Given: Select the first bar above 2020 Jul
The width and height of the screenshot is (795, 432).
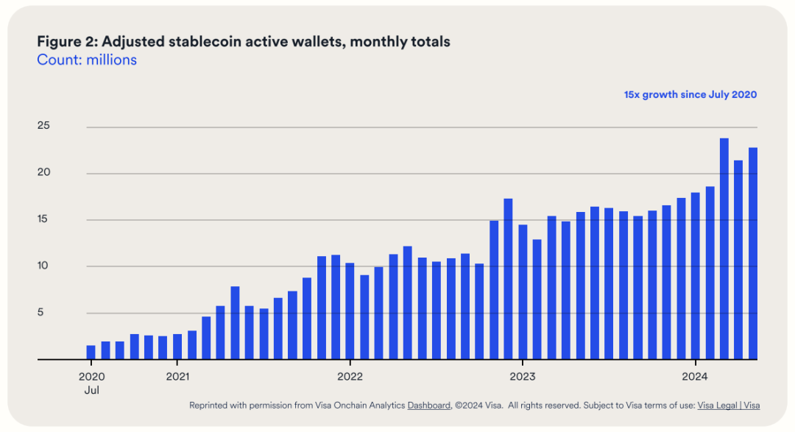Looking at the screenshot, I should pos(91,353).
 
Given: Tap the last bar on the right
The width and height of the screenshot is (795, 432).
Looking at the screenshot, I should pos(753,254).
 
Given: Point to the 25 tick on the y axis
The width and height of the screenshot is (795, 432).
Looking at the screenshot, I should pos(44,127).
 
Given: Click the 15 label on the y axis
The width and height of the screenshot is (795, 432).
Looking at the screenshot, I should pos(44,219).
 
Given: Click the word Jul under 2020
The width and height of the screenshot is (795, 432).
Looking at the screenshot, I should pos(91,390).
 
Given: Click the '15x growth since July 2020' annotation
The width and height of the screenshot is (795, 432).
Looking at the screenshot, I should pos(690,95).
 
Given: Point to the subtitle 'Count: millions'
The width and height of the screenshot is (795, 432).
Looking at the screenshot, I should pos(87,60).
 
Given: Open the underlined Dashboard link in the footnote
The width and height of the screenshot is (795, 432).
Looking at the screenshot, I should pos(428,406).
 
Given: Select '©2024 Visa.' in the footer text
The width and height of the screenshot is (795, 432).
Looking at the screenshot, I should pos(479,406).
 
